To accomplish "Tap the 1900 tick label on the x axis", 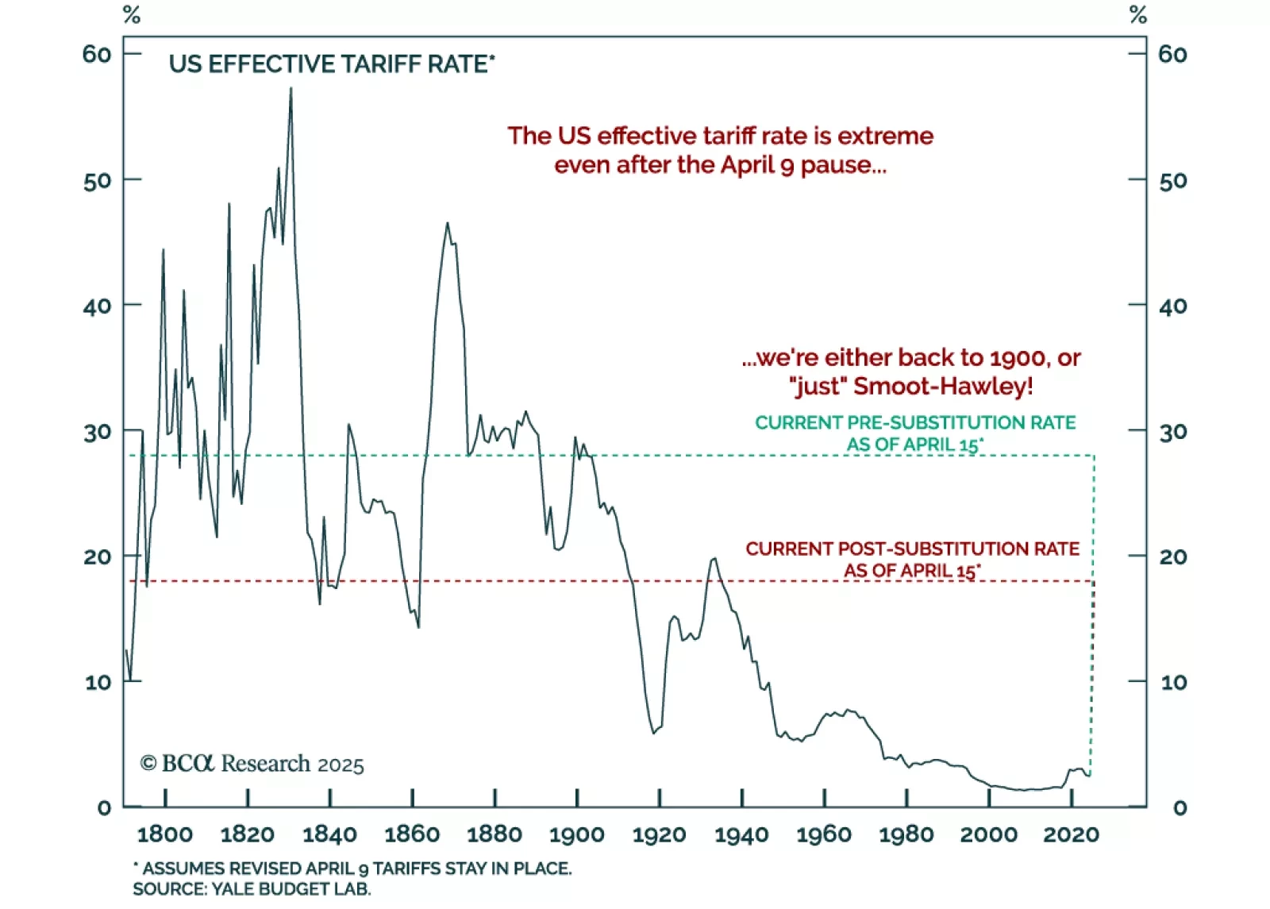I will tap(577, 834).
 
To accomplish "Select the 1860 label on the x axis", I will tap(412, 834).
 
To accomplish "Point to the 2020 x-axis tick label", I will tap(1071, 834).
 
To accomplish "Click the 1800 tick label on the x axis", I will tap(165, 834).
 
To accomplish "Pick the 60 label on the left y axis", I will tap(97, 54).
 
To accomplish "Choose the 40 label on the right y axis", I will tap(1173, 306).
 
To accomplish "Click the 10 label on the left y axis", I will tap(98, 682).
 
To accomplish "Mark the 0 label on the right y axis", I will tap(1180, 808).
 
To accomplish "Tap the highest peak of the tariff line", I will tap(291, 89).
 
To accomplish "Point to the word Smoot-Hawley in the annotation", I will tap(943, 387).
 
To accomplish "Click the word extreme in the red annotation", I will tap(885, 136).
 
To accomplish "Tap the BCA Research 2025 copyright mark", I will tap(252, 764).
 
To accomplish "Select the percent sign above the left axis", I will tap(132, 15).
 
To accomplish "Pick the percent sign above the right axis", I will tap(1138, 15).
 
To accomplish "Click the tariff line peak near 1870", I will tap(448, 223).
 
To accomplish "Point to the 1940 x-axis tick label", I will tap(741, 834).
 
